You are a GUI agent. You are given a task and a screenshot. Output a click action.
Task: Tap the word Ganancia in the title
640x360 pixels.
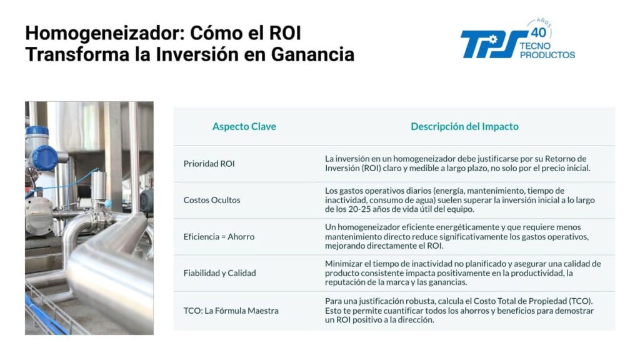coord(312,54)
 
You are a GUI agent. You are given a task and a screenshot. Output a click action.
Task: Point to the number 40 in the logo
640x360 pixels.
coord(539,32)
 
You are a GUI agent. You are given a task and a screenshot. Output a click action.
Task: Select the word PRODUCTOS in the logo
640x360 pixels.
coord(547,55)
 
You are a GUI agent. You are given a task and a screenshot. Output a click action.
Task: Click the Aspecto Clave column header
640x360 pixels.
coord(244,126)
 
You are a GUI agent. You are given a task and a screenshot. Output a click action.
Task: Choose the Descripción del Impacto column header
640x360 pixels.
coord(464,126)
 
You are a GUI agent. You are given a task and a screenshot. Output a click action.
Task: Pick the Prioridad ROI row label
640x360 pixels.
coord(209,164)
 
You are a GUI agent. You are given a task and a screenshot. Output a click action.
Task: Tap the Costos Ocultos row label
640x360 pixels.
coord(212,200)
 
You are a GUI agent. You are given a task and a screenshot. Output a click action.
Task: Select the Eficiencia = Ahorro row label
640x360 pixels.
coord(219,237)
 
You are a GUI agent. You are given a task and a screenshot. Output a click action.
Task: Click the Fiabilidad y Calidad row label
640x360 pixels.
coord(219,273)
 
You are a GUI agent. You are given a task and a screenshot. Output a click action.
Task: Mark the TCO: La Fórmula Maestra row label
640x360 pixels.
coord(231,311)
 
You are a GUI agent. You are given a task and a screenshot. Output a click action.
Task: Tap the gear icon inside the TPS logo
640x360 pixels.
coord(493,39)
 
